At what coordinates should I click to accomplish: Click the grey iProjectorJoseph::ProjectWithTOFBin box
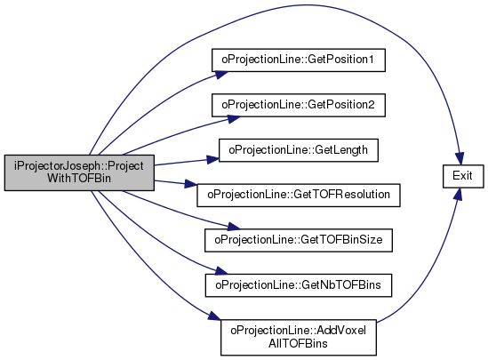tap(79, 172)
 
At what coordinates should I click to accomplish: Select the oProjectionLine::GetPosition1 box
tap(299, 60)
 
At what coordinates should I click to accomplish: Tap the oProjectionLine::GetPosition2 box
tap(299, 105)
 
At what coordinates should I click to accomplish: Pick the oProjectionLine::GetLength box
tap(299, 150)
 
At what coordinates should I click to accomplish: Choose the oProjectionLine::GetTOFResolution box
tap(299, 195)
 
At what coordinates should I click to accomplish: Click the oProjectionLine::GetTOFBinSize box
tap(299, 240)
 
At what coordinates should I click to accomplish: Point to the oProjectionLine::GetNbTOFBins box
tap(299, 285)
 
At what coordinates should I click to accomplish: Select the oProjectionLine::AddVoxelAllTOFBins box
tap(299, 337)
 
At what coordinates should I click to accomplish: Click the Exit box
tap(463, 176)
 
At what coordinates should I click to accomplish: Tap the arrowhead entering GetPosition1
tap(221, 75)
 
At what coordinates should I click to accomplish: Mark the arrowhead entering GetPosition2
tap(234, 119)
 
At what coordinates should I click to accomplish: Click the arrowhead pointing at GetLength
tap(212, 159)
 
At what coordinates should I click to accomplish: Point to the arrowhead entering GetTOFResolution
tap(190, 184)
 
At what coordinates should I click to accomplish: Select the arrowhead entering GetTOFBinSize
tap(234, 226)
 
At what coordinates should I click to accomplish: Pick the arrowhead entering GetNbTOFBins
tap(221, 271)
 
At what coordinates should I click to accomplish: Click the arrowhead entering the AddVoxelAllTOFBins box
tap(215, 316)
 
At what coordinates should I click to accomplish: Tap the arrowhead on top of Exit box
tap(460, 159)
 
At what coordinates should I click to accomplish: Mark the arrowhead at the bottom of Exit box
tap(458, 194)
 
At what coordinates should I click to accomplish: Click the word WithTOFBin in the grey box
tap(79, 179)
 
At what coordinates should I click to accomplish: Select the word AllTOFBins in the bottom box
tap(298, 343)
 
